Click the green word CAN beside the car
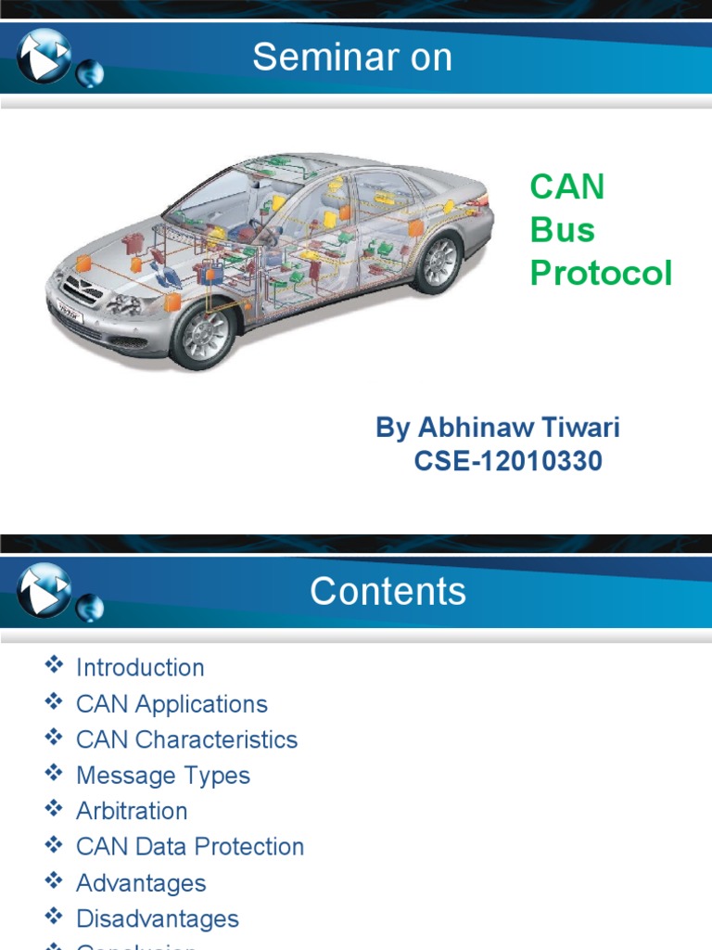pyautogui.click(x=567, y=187)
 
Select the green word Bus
pyautogui.click(x=562, y=230)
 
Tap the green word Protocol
pyautogui.click(x=601, y=274)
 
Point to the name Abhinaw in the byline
pyautogui.click(x=473, y=428)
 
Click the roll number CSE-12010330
pyautogui.click(x=508, y=460)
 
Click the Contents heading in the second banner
pyautogui.click(x=388, y=591)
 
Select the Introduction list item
pyautogui.click(x=140, y=667)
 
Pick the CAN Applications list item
pyautogui.click(x=172, y=703)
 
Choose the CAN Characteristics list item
pyautogui.click(x=186, y=739)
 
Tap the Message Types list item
pyautogui.click(x=163, y=775)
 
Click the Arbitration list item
pyautogui.click(x=132, y=811)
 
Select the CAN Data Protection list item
pyautogui.click(x=190, y=846)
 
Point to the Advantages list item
pyautogui.click(x=141, y=883)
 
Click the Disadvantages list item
pyautogui.click(x=158, y=918)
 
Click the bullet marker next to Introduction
pyautogui.click(x=54, y=665)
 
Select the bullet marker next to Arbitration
pyautogui.click(x=54, y=809)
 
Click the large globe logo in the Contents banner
pyautogui.click(x=44, y=589)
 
